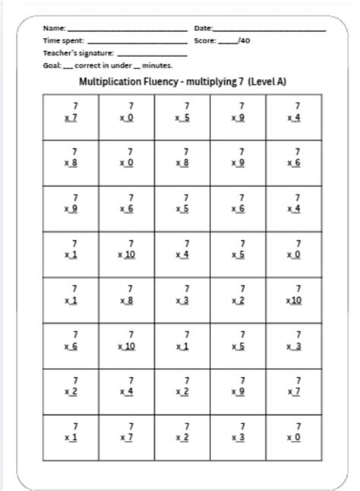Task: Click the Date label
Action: coord(204,28)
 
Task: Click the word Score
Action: coord(205,41)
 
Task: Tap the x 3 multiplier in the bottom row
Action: coord(238,439)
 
